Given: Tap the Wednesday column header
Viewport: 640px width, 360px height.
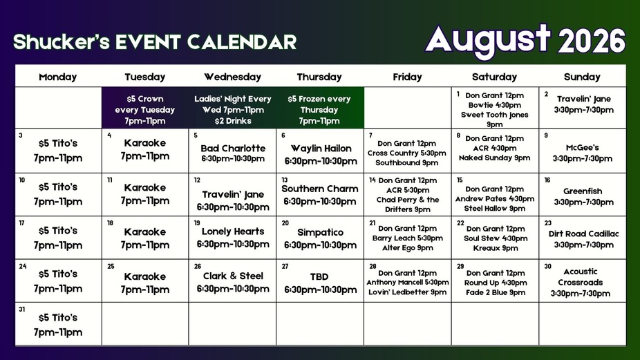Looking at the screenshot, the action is (232, 77).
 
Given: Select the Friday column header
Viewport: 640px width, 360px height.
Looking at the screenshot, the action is (407, 77).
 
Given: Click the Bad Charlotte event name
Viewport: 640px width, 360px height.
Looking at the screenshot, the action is (233, 148).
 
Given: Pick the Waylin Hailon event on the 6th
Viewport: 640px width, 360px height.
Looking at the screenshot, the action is (321, 149).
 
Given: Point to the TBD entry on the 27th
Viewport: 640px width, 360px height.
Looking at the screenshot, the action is (319, 276).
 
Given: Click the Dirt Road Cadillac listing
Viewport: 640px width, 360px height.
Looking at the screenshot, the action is (584, 234).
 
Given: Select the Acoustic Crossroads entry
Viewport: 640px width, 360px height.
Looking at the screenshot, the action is (581, 276).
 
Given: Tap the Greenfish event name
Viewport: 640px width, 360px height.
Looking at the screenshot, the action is (583, 191).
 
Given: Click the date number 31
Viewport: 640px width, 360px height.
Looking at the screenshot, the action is (22, 310).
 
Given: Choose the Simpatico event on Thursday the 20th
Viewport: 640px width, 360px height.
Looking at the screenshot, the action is (321, 232).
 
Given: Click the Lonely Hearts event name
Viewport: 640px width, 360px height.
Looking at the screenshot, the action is (233, 231).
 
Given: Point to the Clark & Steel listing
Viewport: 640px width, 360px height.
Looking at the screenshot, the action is (233, 276).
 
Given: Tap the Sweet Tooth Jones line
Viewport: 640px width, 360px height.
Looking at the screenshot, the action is (495, 115).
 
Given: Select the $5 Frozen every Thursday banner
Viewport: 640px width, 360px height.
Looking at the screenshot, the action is (319, 110).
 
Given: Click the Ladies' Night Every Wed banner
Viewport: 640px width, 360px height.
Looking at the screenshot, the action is (233, 110).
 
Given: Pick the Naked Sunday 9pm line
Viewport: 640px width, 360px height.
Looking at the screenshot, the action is (495, 158).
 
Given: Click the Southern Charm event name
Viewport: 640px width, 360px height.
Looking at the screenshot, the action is (320, 189).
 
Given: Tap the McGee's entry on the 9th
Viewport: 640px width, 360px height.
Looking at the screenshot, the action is (583, 147).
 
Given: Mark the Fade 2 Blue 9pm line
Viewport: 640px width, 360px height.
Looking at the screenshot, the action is (496, 292).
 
